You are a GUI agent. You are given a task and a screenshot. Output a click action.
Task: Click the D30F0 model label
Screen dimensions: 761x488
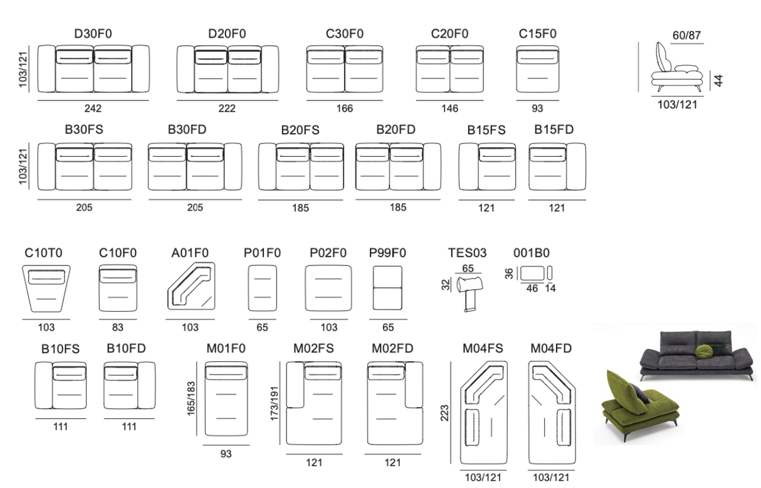(x=93, y=34)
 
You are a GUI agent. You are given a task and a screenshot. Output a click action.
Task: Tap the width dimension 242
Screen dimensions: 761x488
(x=93, y=109)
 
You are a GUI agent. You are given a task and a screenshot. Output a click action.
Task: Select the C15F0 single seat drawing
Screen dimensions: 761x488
(x=537, y=69)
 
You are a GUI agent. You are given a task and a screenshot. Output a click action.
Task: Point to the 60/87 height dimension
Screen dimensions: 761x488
(x=686, y=35)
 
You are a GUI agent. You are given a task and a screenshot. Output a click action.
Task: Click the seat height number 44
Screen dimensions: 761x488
(x=718, y=80)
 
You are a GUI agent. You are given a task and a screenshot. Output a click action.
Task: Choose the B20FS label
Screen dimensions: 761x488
(x=300, y=130)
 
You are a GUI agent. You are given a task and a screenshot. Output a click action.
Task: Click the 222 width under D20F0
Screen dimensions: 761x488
(x=226, y=109)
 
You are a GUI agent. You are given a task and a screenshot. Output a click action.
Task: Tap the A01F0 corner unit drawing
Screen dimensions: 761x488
(x=191, y=286)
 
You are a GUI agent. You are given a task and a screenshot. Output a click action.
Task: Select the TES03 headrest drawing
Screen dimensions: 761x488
(x=470, y=292)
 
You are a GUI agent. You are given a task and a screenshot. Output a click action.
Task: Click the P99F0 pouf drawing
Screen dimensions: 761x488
(x=387, y=288)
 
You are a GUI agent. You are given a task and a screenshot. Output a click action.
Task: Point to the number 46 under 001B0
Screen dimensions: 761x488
(x=532, y=289)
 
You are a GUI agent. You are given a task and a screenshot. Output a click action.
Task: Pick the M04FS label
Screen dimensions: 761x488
(x=483, y=348)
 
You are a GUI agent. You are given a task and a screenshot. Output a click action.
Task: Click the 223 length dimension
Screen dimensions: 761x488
(x=444, y=413)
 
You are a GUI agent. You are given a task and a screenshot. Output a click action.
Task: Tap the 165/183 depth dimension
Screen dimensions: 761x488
(x=191, y=399)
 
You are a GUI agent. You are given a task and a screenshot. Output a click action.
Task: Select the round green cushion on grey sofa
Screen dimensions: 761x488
(x=704, y=351)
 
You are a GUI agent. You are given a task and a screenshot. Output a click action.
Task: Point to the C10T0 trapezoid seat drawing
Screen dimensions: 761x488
(x=46, y=289)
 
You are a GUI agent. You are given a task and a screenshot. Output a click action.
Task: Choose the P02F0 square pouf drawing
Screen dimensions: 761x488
(x=328, y=288)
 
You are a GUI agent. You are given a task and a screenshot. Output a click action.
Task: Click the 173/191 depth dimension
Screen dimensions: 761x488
(x=275, y=403)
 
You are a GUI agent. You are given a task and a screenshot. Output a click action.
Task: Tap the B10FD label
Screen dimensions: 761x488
(x=126, y=348)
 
